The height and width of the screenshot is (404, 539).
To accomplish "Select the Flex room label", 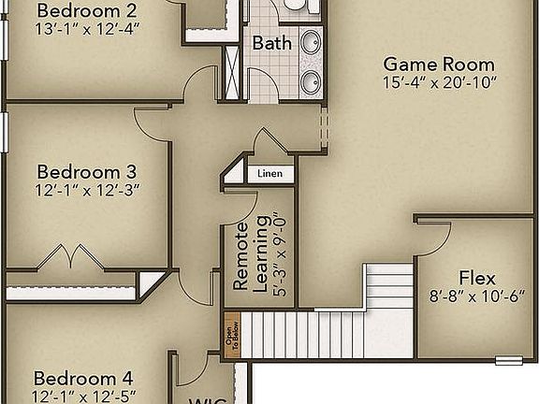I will [477, 277].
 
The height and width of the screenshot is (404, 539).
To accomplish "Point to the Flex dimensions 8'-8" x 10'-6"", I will [477, 295].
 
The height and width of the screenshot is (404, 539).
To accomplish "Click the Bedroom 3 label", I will [87, 172].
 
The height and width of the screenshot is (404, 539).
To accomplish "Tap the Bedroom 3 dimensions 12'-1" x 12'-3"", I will [87, 190].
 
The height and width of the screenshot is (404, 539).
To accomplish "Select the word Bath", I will [271, 43].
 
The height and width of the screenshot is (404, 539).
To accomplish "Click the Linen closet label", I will [270, 174].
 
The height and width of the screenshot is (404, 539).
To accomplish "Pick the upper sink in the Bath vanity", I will [312, 42].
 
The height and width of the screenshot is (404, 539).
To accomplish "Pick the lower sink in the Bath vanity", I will [312, 79].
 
